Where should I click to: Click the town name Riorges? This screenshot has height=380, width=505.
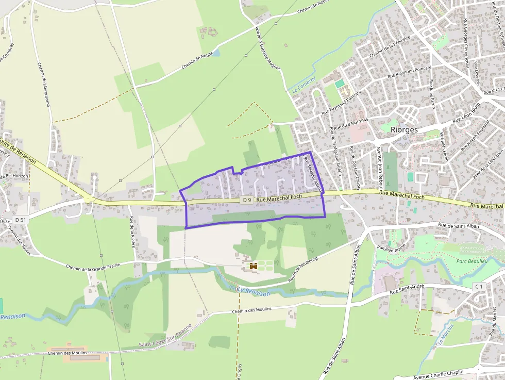click(x=403, y=129)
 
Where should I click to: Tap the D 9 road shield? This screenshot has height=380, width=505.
click(x=247, y=200)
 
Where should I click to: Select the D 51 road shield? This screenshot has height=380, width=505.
click(x=21, y=220)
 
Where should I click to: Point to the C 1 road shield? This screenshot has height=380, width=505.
click(x=479, y=286)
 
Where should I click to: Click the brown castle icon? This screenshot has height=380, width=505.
click(x=253, y=266)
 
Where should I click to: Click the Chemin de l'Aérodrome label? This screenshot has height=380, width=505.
click(x=44, y=85)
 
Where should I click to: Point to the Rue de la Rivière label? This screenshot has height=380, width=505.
click(x=132, y=232)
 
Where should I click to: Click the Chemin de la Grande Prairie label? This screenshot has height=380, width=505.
click(x=93, y=266)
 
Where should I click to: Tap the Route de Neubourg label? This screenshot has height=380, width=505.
click(x=301, y=268)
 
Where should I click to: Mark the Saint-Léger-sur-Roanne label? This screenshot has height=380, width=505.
click(x=165, y=336)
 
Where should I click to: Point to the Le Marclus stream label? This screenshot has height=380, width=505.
click(x=445, y=334)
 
